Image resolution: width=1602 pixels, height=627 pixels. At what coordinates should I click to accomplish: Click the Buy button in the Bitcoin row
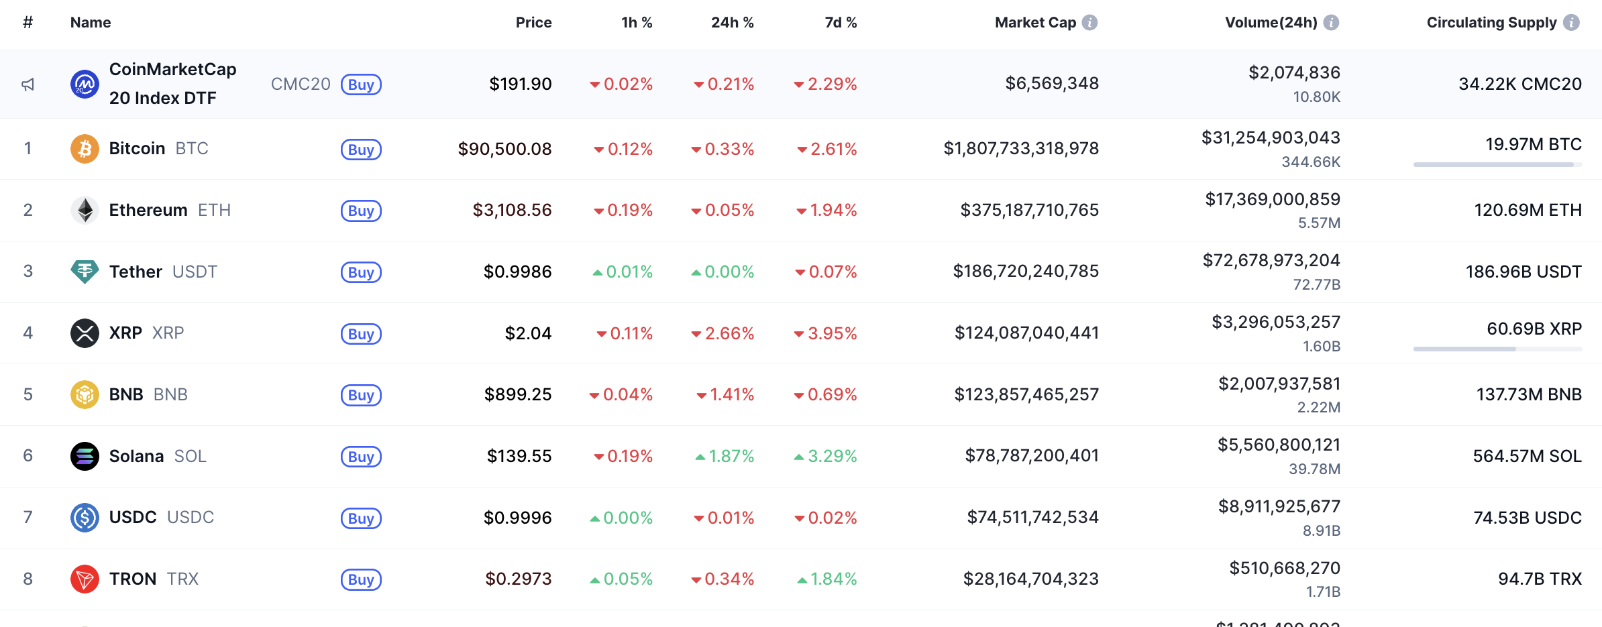coord(361,149)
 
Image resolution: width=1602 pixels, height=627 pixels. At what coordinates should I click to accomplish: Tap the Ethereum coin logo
coord(85,210)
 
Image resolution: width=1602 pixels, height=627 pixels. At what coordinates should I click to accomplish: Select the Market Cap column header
coord(1035,22)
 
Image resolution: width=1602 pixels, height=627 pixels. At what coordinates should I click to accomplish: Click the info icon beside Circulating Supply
coord(1571,22)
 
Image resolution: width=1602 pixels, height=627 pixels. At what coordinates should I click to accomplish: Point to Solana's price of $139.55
coord(519,456)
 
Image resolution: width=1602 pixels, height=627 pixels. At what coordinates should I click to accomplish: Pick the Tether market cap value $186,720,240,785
coord(1026,271)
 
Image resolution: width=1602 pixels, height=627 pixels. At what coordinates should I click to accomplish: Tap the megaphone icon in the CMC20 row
coord(28,84)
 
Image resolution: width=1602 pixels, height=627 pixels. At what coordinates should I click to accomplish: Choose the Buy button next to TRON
coord(361,579)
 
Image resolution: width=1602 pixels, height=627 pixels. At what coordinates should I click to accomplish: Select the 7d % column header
coord(841,22)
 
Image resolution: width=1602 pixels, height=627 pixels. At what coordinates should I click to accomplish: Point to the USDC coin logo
coord(85,517)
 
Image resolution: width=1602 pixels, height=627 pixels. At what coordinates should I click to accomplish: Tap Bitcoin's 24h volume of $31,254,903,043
coord(1271,137)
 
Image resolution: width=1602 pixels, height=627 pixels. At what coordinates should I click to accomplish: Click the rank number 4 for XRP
coord(28,333)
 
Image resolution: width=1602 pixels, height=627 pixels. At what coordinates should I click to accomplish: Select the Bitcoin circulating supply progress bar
coord(1497,164)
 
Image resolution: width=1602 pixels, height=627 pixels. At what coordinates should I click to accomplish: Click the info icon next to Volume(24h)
coord(1332,22)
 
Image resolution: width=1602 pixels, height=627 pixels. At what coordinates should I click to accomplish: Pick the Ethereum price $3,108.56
coord(512,210)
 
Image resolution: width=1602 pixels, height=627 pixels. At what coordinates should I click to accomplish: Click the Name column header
coord(91,22)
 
